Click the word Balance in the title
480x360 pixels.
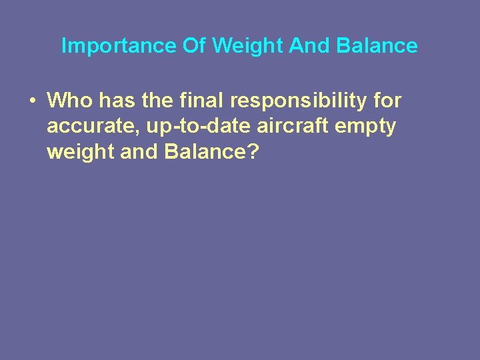377,46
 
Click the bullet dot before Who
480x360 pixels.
32,101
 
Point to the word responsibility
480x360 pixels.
301,102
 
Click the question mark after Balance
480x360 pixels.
251,151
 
